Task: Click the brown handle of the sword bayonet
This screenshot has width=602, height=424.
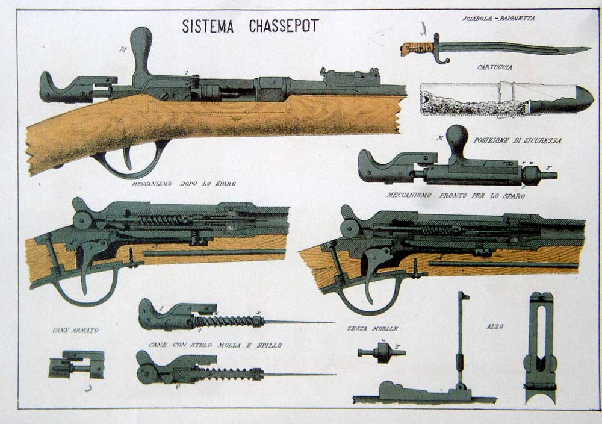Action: pos(417,49)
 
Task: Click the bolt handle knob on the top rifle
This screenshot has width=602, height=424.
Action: pos(141,39)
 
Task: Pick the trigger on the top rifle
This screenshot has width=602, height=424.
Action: pos(127,157)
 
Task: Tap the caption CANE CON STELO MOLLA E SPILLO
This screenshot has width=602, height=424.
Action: pos(216,344)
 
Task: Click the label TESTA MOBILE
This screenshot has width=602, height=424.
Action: pos(372,329)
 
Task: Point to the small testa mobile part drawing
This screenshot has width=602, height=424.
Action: pos(381,352)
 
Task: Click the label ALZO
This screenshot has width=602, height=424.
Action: pos(495,326)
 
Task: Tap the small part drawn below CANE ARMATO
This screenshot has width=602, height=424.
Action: pos(76,365)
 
